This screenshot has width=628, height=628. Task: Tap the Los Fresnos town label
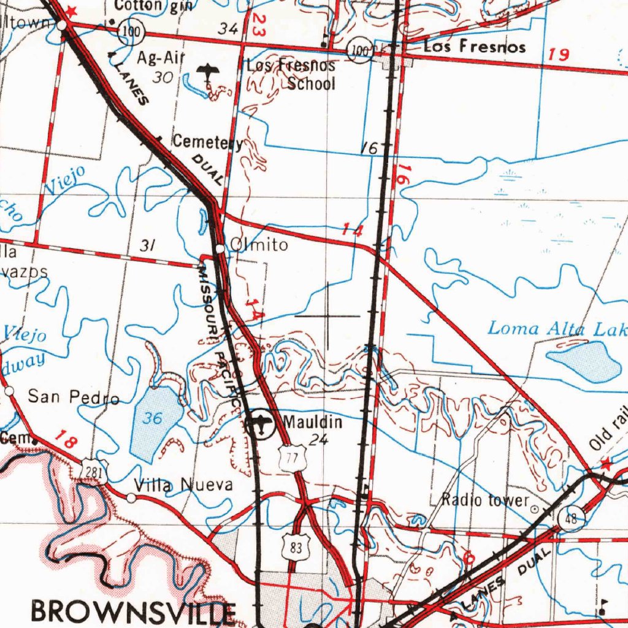pyautogui.click(x=475, y=47)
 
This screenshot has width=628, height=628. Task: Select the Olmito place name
pyautogui.click(x=258, y=245)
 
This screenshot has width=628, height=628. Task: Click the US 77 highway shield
pyautogui.click(x=292, y=458)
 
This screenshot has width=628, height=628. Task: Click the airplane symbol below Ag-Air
pyautogui.click(x=209, y=74)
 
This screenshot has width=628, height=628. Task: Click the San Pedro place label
pyautogui.click(x=74, y=397)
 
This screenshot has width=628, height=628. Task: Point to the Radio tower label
pyautogui.click(x=484, y=500)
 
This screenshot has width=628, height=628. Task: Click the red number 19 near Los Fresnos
pyautogui.click(x=559, y=55)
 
